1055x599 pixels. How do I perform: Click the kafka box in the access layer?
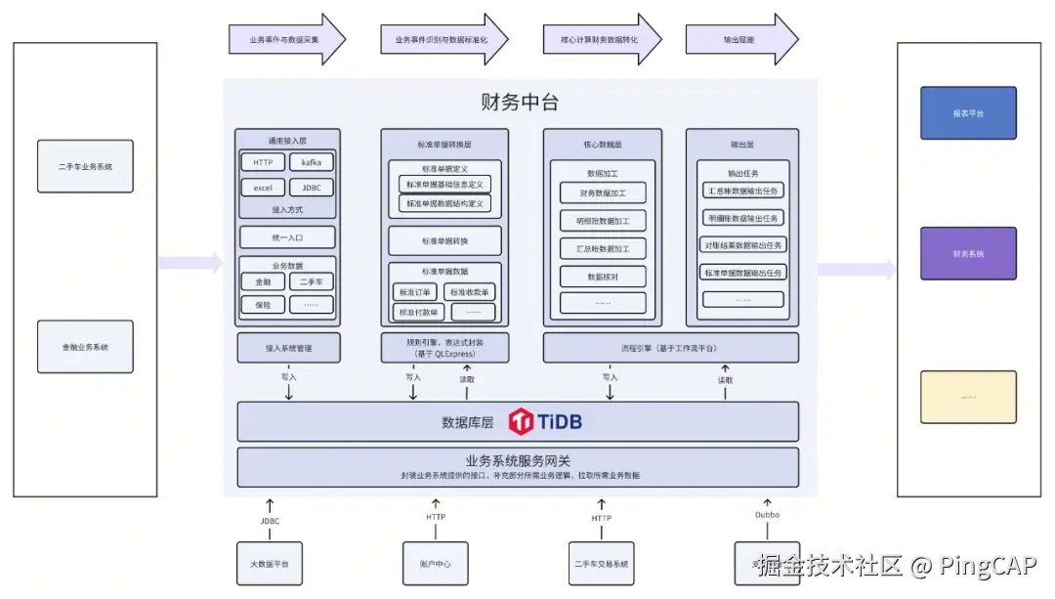coord(312,162)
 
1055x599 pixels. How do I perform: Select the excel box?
coord(263,188)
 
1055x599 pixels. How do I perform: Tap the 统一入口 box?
coord(287,237)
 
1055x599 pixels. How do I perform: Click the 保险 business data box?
coord(263,305)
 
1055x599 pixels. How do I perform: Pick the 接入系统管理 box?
coord(288,348)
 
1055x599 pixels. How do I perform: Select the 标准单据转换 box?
coord(444,240)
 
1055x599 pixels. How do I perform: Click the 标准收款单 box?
coord(470,291)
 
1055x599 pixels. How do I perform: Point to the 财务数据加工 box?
coord(603,193)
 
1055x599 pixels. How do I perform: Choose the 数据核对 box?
coord(603,277)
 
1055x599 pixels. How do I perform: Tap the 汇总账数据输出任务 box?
coord(743,191)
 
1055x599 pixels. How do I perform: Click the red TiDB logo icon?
coord(522,422)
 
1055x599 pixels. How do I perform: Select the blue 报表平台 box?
coord(968,113)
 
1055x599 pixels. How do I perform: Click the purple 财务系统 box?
coord(968,254)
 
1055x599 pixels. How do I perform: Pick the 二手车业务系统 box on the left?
coord(85,167)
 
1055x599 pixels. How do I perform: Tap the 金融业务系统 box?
coord(85,347)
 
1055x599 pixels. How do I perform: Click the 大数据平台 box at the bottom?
coord(270,564)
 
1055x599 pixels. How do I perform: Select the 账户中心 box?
coord(436,564)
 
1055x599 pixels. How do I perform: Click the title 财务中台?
coord(520,103)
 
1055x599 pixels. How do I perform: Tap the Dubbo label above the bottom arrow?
coord(767,515)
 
